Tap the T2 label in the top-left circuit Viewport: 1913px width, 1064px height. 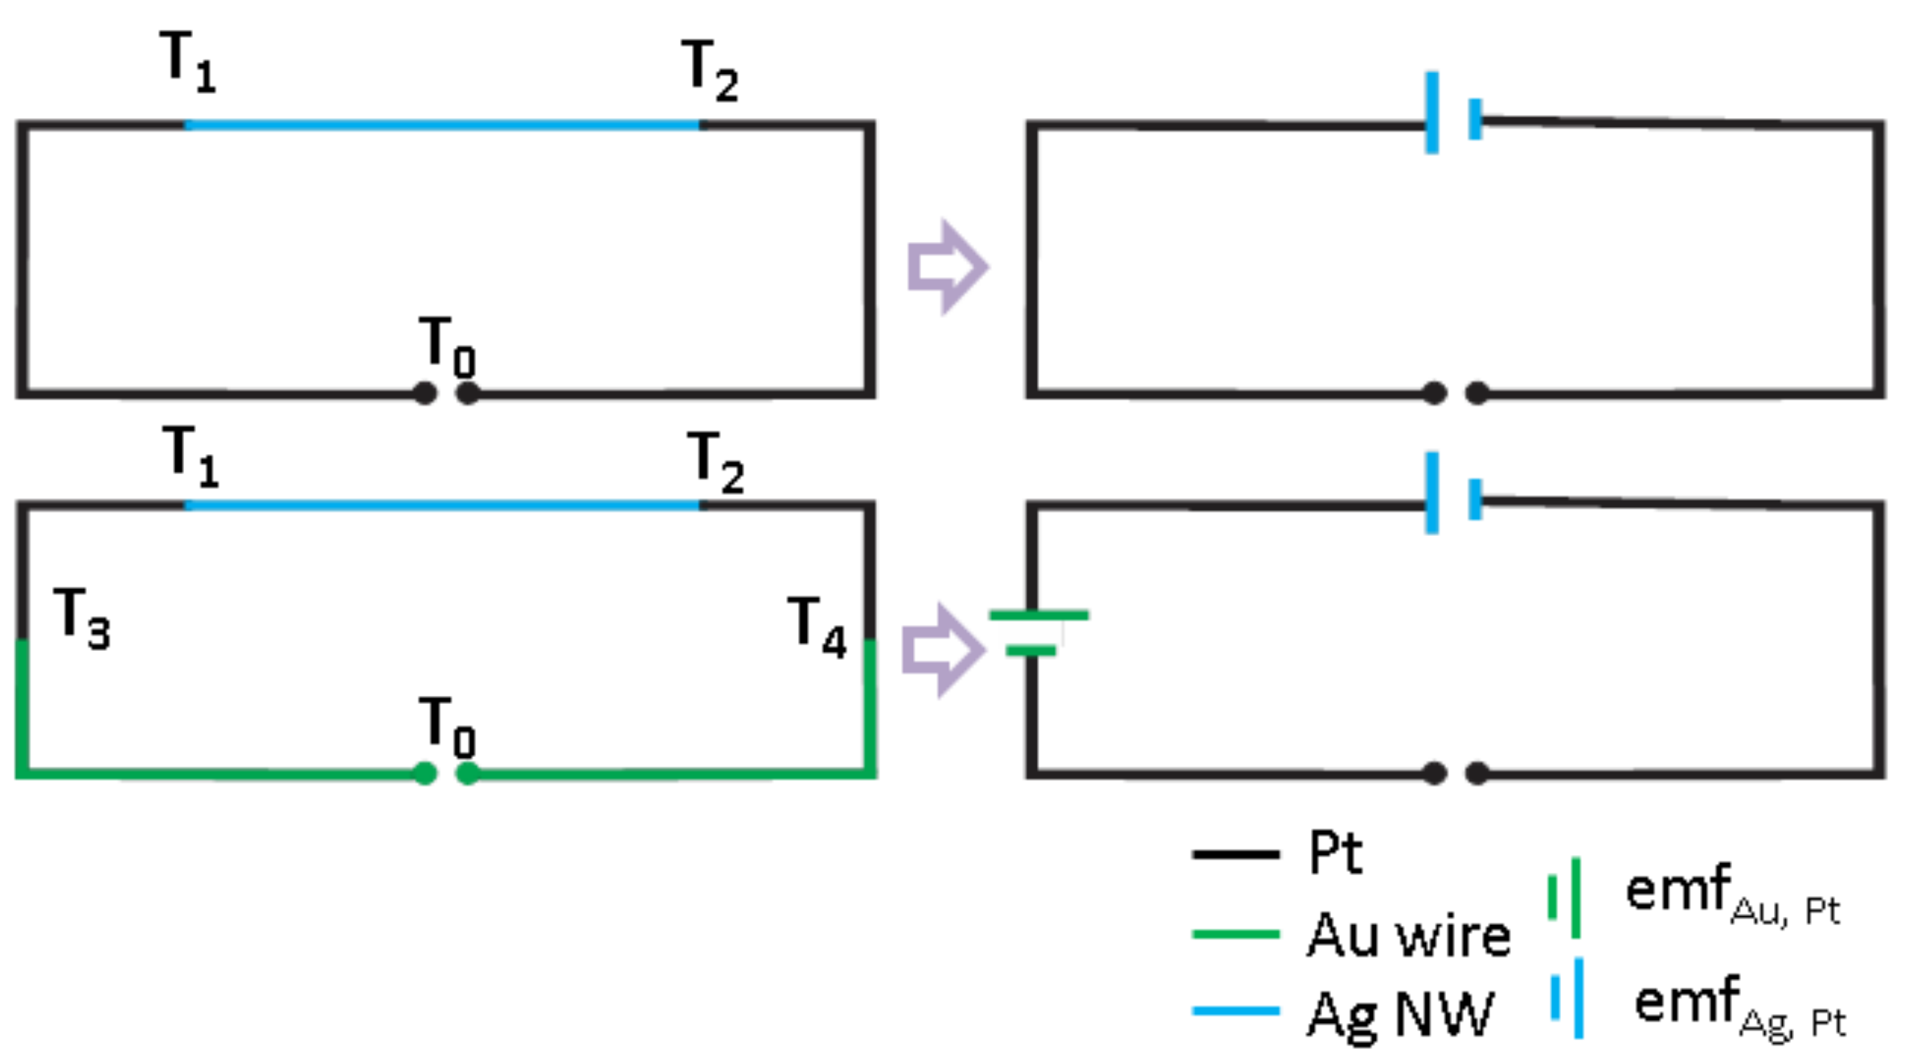point(710,71)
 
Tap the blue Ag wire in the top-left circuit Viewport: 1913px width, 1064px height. point(442,125)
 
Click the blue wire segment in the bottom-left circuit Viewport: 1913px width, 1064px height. point(442,505)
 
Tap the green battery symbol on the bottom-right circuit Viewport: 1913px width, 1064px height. point(1037,632)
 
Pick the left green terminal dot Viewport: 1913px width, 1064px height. point(425,773)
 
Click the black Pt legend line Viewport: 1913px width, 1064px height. point(1235,853)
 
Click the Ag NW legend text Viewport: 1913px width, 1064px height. point(1400,1015)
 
